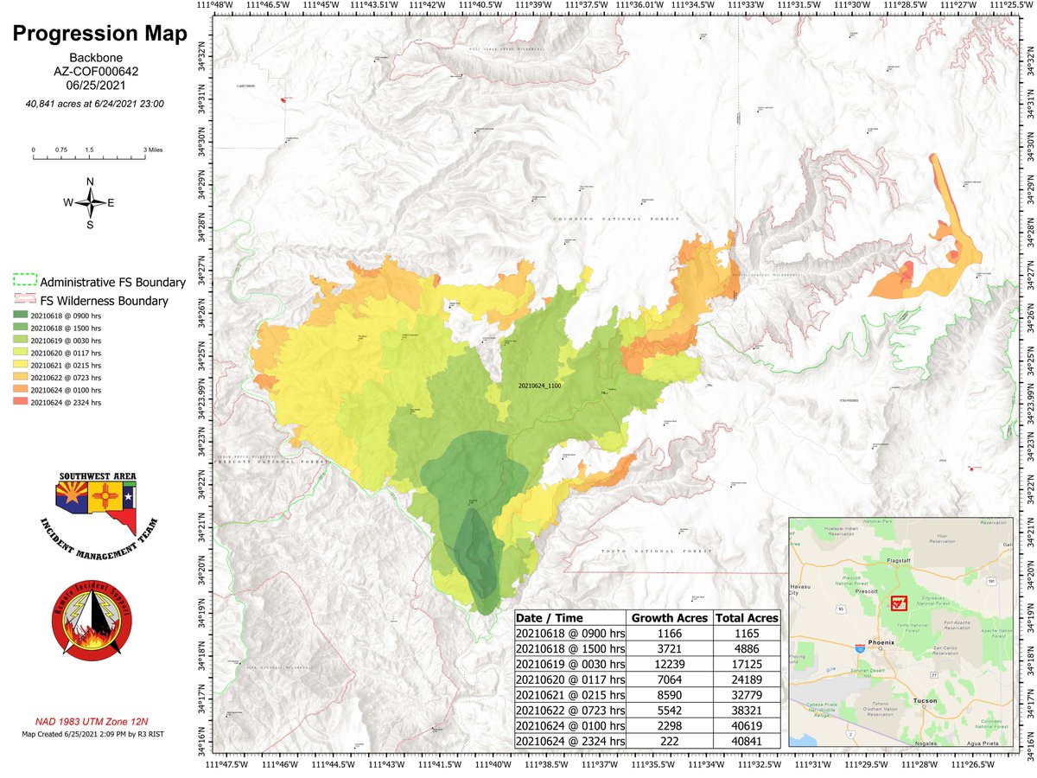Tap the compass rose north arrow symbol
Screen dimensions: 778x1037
pos(90,202)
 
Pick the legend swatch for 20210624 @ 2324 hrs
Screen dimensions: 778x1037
pos(20,402)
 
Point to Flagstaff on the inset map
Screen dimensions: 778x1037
pos(881,560)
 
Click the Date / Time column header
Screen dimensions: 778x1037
pos(550,618)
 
